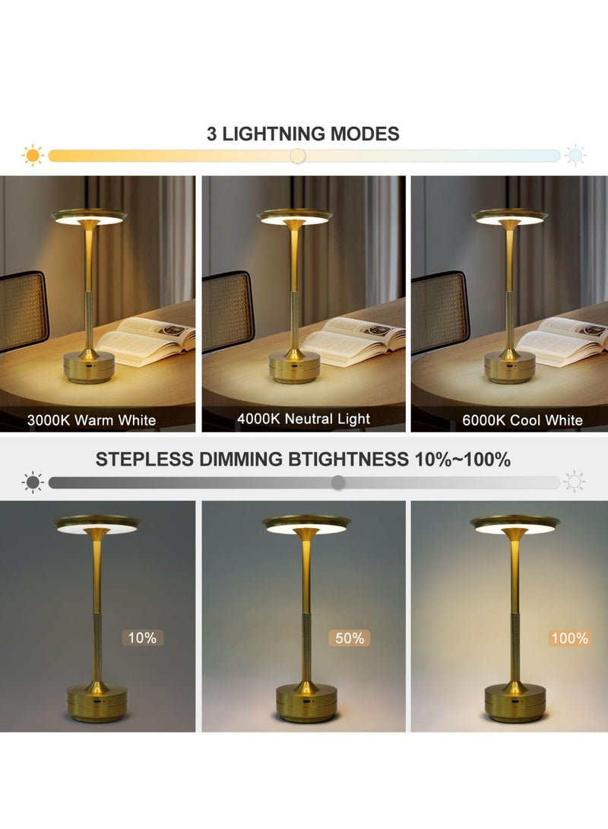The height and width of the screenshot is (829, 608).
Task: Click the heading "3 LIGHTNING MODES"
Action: pos(302,134)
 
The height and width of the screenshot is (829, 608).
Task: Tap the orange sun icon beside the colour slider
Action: pos(33,155)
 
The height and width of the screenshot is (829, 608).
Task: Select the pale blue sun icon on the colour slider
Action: pos(575,155)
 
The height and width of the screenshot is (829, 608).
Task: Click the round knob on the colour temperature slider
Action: pos(298,156)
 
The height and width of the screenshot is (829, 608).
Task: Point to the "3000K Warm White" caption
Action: pos(91,419)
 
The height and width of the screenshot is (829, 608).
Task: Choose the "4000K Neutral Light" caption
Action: pos(303,419)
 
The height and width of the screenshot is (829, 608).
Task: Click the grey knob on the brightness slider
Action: pos(338,483)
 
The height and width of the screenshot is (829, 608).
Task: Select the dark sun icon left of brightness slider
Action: pos(33,483)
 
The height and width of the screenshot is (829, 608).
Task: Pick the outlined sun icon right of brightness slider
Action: pos(575,483)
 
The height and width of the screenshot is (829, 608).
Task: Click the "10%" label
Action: pos(142,638)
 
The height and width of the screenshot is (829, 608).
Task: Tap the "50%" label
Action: pos(350,638)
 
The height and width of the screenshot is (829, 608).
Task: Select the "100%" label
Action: pos(569,638)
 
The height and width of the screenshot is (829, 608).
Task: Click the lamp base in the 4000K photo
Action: pos(294,369)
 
